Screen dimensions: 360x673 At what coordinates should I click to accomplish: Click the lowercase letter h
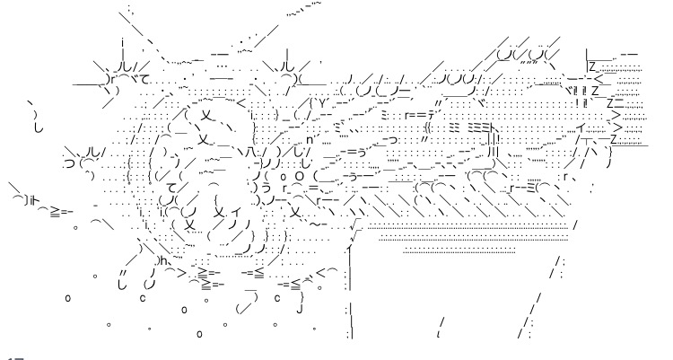click(163, 260)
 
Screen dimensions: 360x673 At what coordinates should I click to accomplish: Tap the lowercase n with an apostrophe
click(311, 140)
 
